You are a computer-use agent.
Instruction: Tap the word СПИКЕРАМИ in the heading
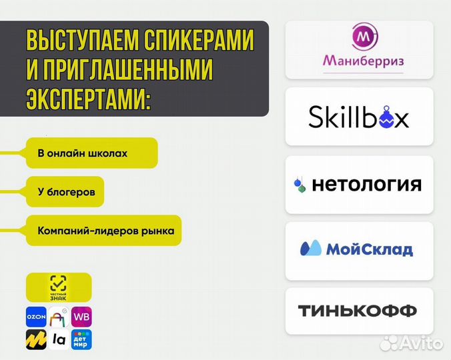pos(199,41)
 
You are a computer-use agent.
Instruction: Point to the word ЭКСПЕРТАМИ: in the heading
pos(89,99)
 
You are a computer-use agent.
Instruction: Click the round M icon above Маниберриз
pos(364,37)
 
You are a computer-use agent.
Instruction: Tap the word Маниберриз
pos(359,62)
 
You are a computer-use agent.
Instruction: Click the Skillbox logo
pos(359,117)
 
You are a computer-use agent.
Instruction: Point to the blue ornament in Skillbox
pos(385,119)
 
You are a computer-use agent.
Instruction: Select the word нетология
pos(365,184)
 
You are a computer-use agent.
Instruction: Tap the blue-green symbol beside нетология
pos(300,185)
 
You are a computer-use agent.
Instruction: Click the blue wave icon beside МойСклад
pos(311,249)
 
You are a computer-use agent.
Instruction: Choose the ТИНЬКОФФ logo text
pos(357,311)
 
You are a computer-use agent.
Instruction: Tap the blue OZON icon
pos(36,315)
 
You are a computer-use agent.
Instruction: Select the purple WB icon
pos(81,315)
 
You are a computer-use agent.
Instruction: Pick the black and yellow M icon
pos(36,339)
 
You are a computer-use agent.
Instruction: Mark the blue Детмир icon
pos(81,339)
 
